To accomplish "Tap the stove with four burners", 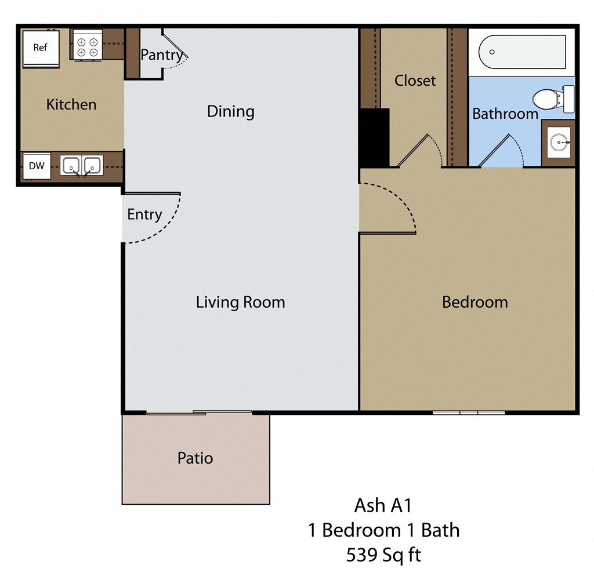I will [87, 47].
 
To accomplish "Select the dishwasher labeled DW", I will [37, 166].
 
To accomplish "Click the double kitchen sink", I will [81, 166].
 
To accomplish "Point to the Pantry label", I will [161, 55].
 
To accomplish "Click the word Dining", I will [230, 111].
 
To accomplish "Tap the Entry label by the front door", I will [144, 214].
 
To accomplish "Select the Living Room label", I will [240, 302].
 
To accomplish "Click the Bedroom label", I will [475, 302].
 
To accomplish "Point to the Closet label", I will [415, 81].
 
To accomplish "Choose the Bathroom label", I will [505, 114].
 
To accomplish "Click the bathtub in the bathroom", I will [522, 52].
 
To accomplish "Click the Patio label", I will [195, 458].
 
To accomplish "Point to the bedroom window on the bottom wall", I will [469, 413].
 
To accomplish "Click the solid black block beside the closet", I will [374, 137].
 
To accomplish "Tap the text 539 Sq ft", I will [383, 555].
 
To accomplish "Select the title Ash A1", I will [383, 505].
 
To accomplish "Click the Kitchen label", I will [71, 105].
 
